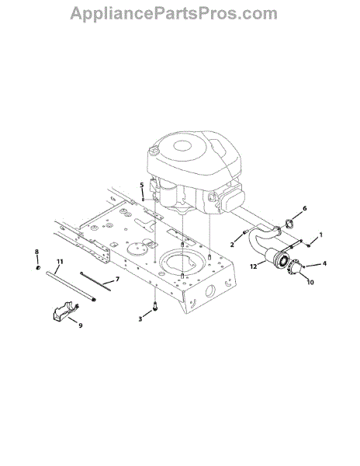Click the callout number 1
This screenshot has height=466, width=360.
[x=321, y=235]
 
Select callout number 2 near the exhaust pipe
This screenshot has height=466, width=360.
[x=232, y=245]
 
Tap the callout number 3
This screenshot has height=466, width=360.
[x=140, y=319]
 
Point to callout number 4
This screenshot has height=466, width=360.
[x=324, y=263]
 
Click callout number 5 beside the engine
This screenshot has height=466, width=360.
[x=142, y=185]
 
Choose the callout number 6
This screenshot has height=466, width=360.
[x=304, y=208]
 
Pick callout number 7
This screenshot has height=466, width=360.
[x=117, y=279]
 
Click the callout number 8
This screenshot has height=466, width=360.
[x=36, y=252]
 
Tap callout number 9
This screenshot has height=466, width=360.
[x=81, y=325]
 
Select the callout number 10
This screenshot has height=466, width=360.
[x=310, y=282]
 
